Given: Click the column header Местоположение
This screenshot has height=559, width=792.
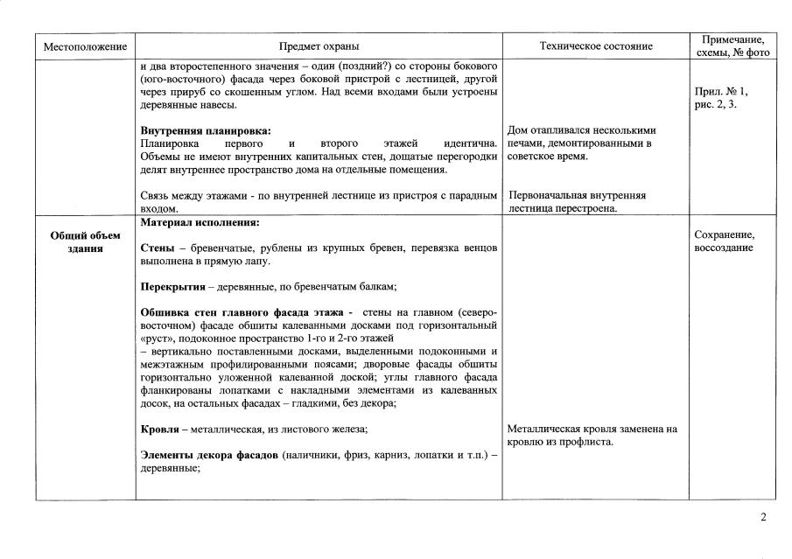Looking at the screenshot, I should coord(86,46).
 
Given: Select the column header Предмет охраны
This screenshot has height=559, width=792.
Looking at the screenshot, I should coord(319,46).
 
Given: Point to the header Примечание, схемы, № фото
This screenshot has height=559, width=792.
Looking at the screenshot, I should coord(733,46).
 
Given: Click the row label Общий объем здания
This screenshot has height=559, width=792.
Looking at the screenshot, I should coord(86,241).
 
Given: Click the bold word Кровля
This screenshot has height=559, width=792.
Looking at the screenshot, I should coord(159,430).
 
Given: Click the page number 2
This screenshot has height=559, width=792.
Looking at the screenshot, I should coord(763,517).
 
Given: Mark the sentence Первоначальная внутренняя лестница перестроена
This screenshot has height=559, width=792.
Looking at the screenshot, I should coord(578,202).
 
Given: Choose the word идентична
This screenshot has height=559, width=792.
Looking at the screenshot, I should coord(472,143).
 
